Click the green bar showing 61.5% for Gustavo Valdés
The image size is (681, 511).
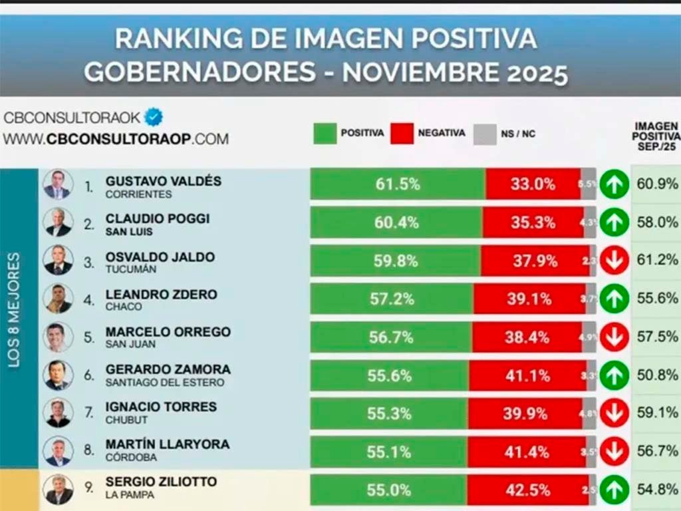click(x=397, y=184)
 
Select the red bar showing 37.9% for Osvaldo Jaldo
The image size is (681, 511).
click(x=535, y=261)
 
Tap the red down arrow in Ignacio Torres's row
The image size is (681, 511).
click(x=614, y=413)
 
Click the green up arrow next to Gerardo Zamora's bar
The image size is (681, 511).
click(x=614, y=375)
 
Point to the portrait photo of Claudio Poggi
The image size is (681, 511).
click(x=58, y=222)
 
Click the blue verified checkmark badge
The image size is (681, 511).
click(x=154, y=117)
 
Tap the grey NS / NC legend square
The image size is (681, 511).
click(x=485, y=134)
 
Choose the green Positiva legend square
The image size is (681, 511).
click(x=325, y=133)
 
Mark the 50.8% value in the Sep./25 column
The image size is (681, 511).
click(x=656, y=375)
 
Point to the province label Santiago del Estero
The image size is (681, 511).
click(x=164, y=383)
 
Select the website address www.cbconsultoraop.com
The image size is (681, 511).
click(x=116, y=139)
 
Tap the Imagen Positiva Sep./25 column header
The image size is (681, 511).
click(x=656, y=136)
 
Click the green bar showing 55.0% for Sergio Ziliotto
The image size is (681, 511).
click(x=388, y=490)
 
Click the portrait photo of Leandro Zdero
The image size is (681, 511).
click(x=58, y=298)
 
